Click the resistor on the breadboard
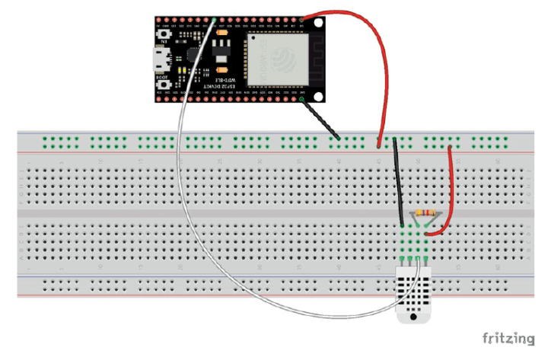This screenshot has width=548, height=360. [x=424, y=214]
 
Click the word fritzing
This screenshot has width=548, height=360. [x=509, y=336]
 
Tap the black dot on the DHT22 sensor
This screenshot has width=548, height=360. [x=413, y=318]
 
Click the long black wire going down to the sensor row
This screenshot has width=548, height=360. [x=398, y=183]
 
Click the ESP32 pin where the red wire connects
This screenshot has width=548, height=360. [x=303, y=19]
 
